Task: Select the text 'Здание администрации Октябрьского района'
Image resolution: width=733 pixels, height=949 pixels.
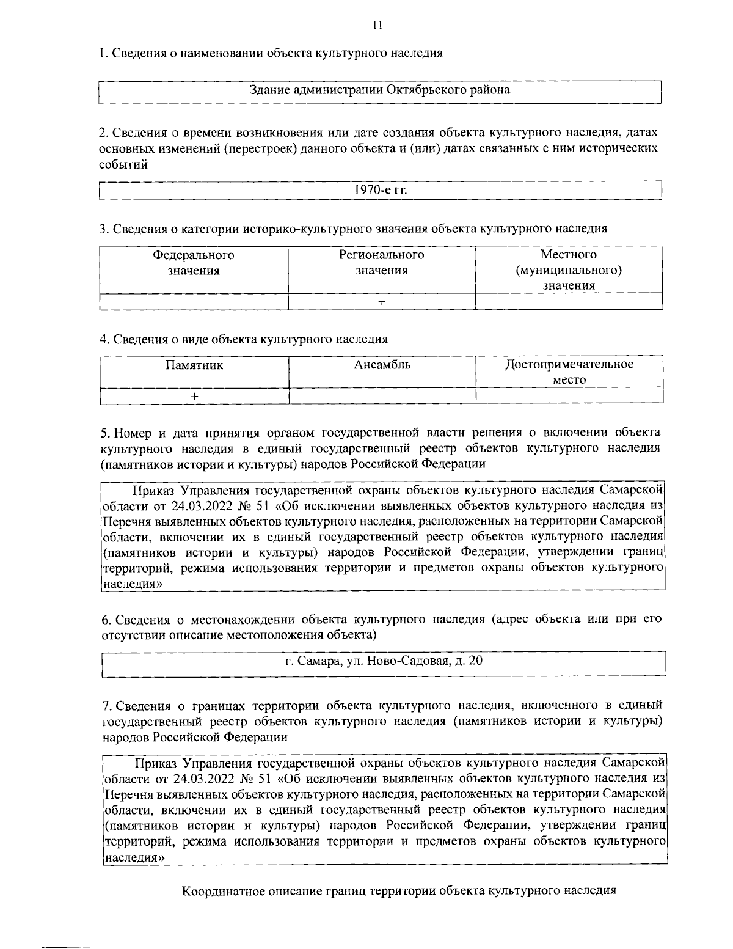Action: click(x=380, y=90)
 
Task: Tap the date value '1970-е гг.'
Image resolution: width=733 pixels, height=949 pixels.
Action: click(x=380, y=190)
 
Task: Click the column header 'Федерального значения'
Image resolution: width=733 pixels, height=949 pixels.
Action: click(x=193, y=263)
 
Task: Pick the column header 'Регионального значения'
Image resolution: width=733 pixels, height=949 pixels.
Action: click(x=381, y=263)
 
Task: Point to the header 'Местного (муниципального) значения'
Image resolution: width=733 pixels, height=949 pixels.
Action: click(x=569, y=270)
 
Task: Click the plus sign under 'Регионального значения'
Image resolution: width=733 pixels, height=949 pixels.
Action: click(x=381, y=302)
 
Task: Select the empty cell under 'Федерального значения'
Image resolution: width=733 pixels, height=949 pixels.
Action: click(x=193, y=302)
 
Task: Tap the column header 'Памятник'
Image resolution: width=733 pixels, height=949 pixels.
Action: click(x=194, y=366)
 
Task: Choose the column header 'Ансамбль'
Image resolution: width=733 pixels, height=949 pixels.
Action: click(x=382, y=366)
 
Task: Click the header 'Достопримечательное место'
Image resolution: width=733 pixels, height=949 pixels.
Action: click(x=569, y=372)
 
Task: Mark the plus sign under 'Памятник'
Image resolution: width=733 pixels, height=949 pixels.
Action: click(x=194, y=396)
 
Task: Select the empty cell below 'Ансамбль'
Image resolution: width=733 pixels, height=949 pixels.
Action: click(x=382, y=396)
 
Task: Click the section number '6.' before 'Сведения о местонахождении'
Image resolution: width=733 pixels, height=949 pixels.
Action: click(x=106, y=620)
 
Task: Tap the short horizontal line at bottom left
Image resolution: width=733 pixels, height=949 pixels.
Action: click(x=65, y=947)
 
